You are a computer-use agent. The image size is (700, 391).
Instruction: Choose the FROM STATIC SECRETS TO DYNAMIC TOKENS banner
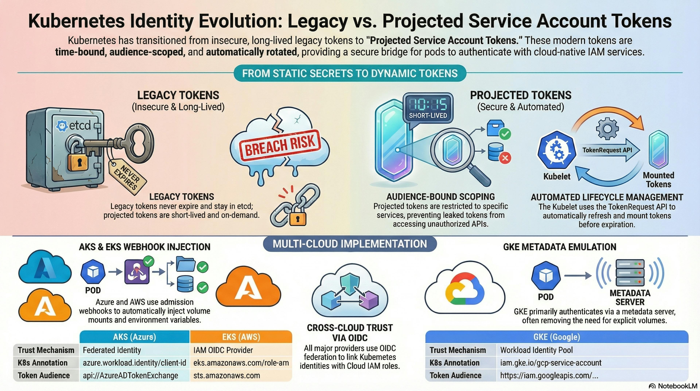pyautogui.click(x=350, y=73)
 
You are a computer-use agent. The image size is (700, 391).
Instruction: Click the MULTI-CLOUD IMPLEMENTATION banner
pyautogui.click(x=350, y=244)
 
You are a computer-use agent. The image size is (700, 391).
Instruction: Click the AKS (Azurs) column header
pyautogui.click(x=135, y=337)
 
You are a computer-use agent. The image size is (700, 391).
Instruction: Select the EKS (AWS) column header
pyautogui.click(x=241, y=337)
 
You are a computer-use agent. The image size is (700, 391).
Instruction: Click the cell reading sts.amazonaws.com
pyautogui.click(x=227, y=375)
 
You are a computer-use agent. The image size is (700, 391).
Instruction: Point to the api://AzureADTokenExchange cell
pyautogui.click(x=131, y=375)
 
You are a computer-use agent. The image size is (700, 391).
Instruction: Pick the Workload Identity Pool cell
pyautogui.click(x=536, y=350)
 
